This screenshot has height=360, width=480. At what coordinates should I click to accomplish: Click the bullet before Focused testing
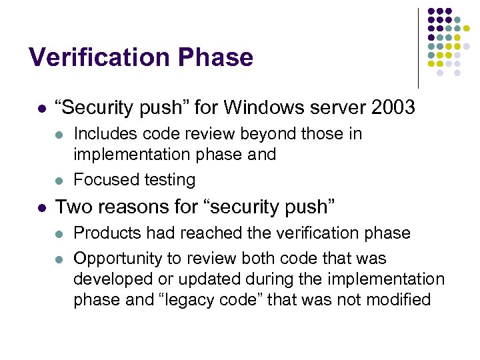coord(58,180)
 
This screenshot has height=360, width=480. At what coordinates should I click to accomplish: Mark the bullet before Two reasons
coord(41,207)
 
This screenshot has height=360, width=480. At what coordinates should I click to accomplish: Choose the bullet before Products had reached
coord(58,233)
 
